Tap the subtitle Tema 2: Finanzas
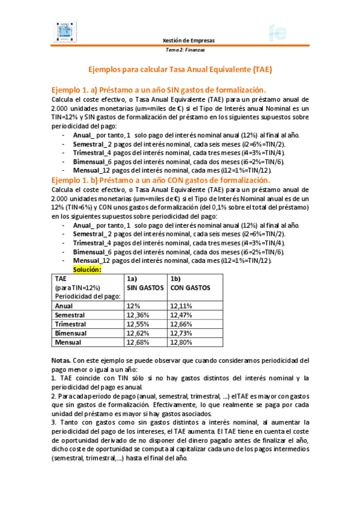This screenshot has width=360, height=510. point(185,50)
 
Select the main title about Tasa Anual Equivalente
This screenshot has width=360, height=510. point(180,69)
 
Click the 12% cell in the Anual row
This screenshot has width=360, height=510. point(133,306)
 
